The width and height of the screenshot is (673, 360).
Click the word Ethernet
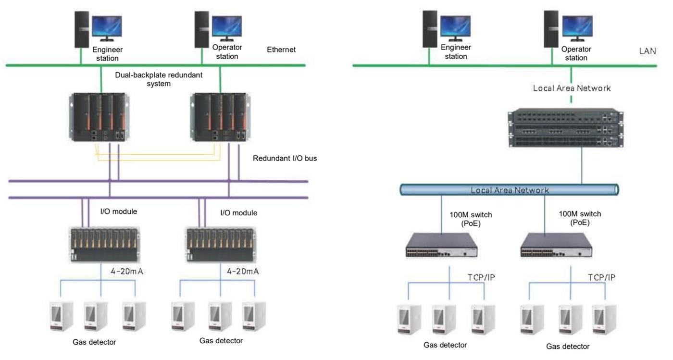click(x=281, y=50)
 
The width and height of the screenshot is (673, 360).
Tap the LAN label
click(x=648, y=51)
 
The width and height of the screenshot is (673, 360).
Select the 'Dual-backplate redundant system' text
click(x=159, y=79)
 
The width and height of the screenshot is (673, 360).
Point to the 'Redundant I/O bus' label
click(x=285, y=158)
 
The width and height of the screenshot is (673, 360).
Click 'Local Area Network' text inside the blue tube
click(x=510, y=190)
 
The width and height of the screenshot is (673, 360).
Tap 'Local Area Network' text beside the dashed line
click(x=572, y=88)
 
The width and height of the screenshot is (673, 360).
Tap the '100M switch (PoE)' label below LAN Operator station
click(x=580, y=218)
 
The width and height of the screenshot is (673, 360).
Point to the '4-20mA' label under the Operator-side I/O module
click(x=243, y=271)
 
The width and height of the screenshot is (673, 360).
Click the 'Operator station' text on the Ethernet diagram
click(x=227, y=52)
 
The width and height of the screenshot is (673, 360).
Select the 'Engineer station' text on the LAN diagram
click(x=456, y=52)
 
